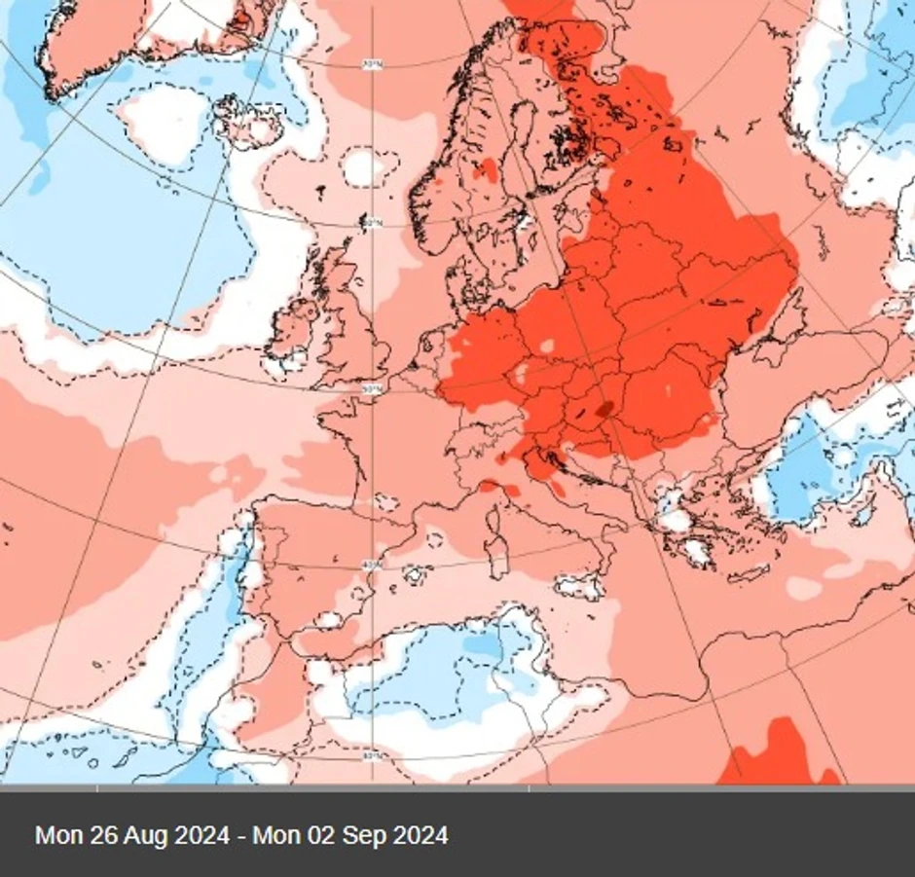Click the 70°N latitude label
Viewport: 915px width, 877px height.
click(x=371, y=66)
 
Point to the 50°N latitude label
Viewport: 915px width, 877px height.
click(x=371, y=389)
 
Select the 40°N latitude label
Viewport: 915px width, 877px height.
click(x=371, y=566)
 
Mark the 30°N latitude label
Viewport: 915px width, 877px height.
click(x=371, y=755)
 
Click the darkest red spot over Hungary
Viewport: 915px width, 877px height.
click(x=605, y=409)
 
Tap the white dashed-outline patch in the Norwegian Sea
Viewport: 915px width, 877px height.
click(x=362, y=166)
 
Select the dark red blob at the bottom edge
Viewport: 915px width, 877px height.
click(x=779, y=754)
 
